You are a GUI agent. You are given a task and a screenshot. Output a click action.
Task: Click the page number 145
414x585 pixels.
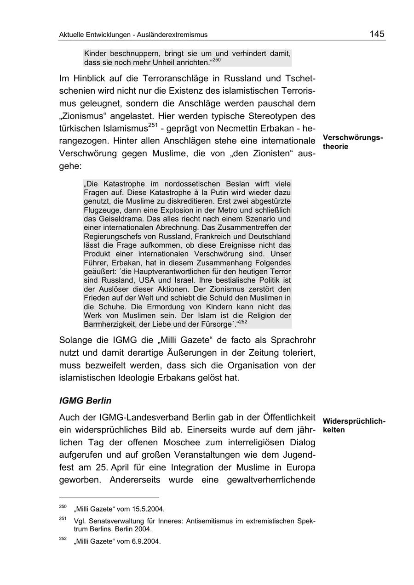point(376,34)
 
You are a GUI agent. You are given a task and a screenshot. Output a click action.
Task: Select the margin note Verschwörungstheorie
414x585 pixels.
point(352,142)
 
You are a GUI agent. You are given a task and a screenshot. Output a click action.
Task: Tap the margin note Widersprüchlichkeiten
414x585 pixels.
point(354,426)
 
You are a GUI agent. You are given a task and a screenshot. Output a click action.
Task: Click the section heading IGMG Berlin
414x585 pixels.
point(85,401)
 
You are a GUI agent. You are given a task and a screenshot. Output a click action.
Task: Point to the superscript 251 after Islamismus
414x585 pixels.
point(154,125)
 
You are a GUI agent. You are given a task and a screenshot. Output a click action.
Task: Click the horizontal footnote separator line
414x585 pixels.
point(109,497)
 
